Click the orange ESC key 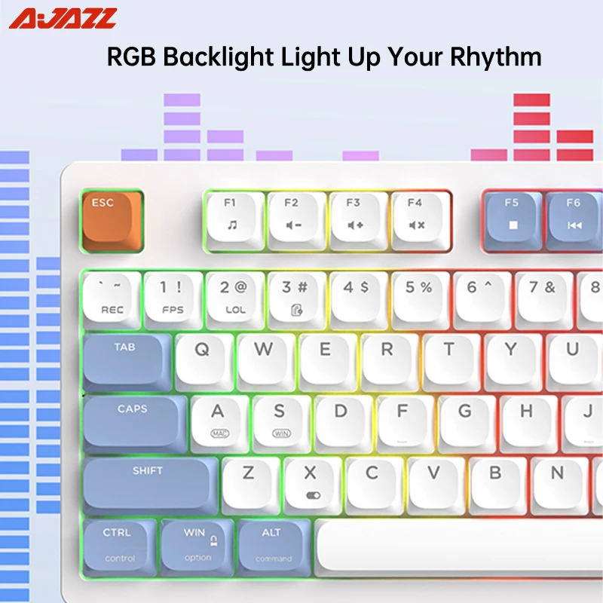click(111, 219)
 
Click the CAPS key click(133, 421)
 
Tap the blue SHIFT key click(148, 482)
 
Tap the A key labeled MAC click(219, 421)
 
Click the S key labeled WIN click(280, 421)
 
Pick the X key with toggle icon click(311, 482)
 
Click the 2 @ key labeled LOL click(234, 297)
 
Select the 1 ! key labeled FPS click(173, 297)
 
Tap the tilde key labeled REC click(112, 297)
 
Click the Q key click(203, 359)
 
